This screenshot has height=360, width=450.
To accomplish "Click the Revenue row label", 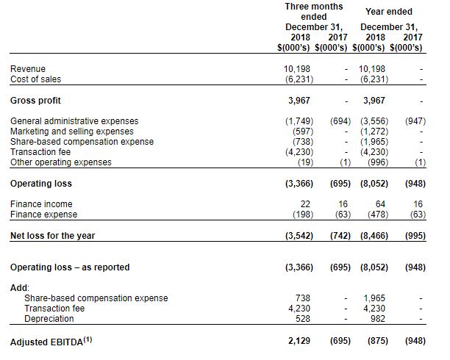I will (x=28, y=69).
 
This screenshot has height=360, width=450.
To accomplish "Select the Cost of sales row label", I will (x=35, y=79).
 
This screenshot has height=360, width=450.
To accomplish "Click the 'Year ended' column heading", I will (x=388, y=12).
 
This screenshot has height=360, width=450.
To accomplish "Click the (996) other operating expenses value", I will (x=374, y=162).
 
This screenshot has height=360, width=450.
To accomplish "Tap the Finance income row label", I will (x=41, y=204).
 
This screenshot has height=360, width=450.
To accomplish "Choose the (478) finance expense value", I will (x=374, y=215).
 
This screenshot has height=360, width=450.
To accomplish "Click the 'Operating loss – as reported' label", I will (x=70, y=267).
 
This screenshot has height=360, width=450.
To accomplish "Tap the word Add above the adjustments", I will (x=19, y=287).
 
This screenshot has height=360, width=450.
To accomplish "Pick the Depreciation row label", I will (x=49, y=319).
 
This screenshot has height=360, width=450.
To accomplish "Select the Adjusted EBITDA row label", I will (x=50, y=342).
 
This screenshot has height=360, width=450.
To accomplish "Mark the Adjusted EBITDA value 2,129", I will (x=299, y=342).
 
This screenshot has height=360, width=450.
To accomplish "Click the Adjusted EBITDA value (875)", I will (x=374, y=342).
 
